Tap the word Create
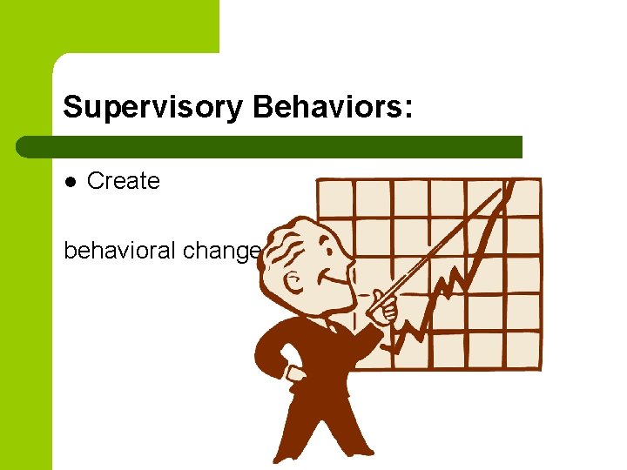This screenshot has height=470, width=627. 124,181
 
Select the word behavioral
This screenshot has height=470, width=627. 120,252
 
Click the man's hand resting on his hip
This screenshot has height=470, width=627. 294,374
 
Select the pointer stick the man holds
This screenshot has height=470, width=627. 444,244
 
